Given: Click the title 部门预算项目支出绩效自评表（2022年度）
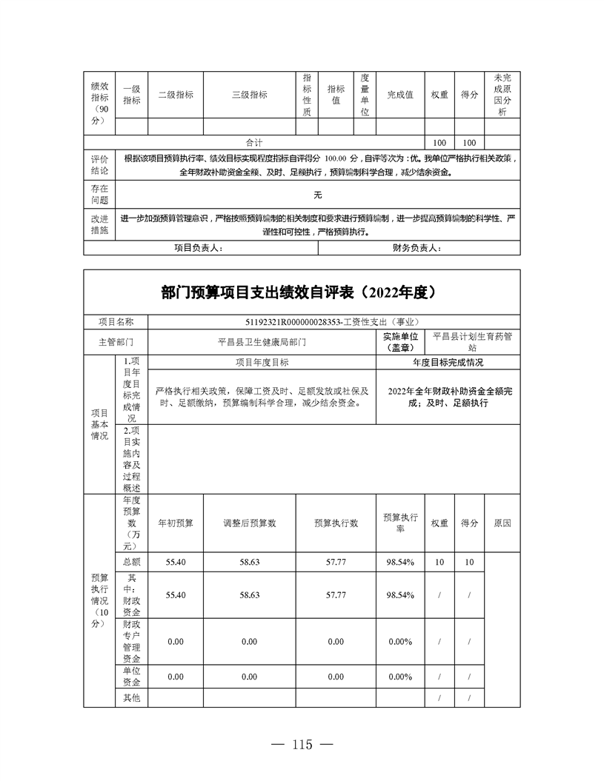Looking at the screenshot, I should (302, 292).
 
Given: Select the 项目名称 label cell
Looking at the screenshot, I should (116, 322).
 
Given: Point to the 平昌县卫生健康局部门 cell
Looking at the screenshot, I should (262, 343).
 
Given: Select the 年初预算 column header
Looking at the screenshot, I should (176, 523).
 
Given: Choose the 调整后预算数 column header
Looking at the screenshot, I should (250, 523).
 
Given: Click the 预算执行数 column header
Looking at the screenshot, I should (336, 523).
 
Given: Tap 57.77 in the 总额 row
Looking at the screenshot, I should (336, 563).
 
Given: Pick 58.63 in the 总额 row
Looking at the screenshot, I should (250, 563).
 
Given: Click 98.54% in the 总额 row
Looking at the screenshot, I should (399, 563).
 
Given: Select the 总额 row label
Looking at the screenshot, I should (132, 563).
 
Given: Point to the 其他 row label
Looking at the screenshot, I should (132, 697).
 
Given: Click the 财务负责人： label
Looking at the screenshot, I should (417, 248).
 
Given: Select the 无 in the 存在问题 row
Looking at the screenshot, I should (318, 195).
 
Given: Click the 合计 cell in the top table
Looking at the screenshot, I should (254, 142).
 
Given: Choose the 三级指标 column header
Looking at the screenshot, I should (250, 95).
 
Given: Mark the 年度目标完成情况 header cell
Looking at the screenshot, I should (448, 363).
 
